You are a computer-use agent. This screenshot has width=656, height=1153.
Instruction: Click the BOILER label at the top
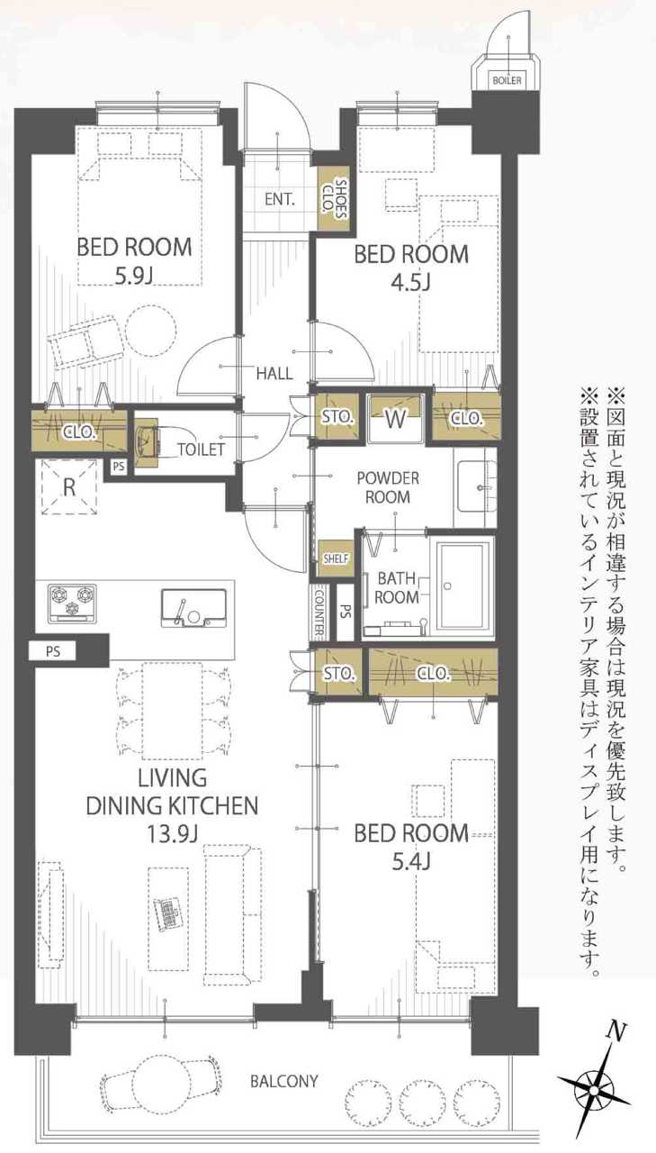pyautogui.click(x=507, y=80)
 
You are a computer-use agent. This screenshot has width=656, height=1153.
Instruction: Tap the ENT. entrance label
pyautogui.click(x=280, y=199)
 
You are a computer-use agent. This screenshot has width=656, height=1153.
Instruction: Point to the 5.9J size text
pyautogui.click(x=134, y=277)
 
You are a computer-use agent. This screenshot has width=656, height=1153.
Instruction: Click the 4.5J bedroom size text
pyautogui.click(x=411, y=283)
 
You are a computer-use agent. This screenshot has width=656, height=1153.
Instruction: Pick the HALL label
pyautogui.click(x=274, y=373)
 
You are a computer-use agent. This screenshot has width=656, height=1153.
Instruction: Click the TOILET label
pyautogui.click(x=201, y=449)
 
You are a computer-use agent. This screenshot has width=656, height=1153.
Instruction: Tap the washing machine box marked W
pyautogui.click(x=395, y=418)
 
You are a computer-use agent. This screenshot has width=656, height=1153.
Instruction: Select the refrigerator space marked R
pyautogui.click(x=69, y=486)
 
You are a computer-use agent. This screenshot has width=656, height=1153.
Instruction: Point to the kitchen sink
pyautogui.click(x=193, y=608)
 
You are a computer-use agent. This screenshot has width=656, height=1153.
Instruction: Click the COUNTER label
pyautogui.click(x=319, y=613)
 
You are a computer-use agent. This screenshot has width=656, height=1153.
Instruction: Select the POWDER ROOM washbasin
pyautogui.click(x=477, y=486)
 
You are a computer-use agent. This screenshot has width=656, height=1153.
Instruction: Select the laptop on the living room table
pyautogui.click(x=166, y=914)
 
